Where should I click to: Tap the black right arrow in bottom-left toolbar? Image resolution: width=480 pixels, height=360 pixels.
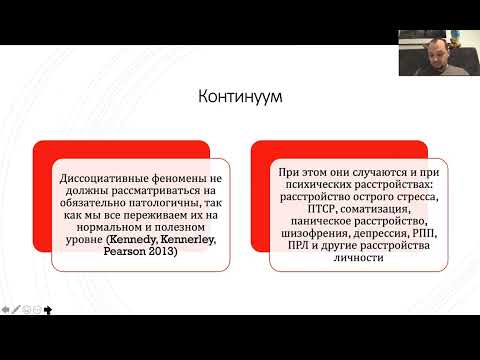[49, 309]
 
